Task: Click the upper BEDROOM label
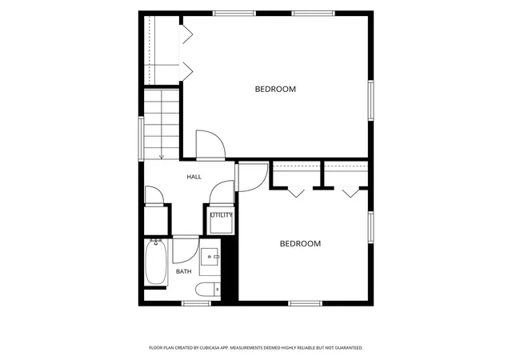(275, 89)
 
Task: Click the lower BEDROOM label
(301, 244)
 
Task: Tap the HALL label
(194, 177)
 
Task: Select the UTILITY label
(222, 215)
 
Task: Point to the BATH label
(184, 271)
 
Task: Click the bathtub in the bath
(156, 262)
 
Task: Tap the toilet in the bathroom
(208, 290)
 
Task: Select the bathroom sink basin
(210, 257)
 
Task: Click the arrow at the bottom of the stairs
(162, 158)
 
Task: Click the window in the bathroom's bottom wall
(196, 303)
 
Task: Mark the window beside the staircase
(141, 139)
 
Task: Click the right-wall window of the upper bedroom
(371, 100)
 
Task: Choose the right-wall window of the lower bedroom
(371, 227)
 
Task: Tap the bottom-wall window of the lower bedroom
(306, 303)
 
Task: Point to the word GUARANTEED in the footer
(350, 348)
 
